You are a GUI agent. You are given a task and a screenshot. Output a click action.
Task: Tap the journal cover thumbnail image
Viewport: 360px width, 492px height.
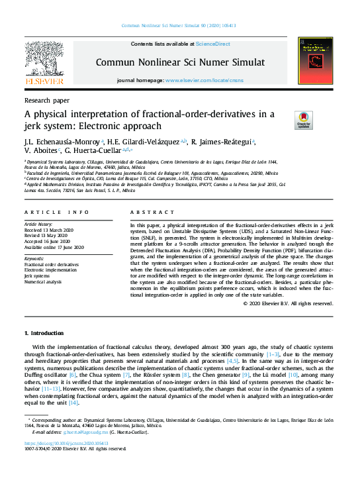click(315, 61)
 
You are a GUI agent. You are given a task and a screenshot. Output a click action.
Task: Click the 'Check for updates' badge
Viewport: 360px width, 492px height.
click(303, 120)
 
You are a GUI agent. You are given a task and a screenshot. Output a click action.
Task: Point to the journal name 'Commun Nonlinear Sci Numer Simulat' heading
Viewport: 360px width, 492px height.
click(180, 62)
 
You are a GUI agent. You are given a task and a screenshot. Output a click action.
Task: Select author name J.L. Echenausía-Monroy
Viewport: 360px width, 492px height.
click(62, 142)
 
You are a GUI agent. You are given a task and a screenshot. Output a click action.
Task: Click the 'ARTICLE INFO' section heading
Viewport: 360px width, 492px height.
click(56, 211)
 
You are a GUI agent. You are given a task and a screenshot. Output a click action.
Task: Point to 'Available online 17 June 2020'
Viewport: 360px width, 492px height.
click(54, 247)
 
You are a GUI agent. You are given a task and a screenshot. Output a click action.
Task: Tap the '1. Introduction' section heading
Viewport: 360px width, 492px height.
click(46, 332)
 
